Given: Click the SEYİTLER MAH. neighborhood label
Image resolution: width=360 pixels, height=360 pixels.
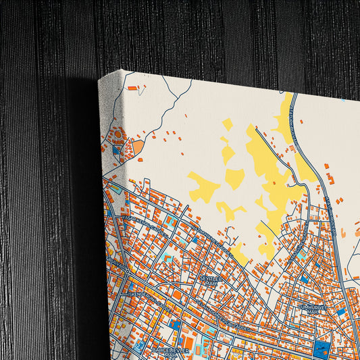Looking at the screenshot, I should pyautogui.click(x=210, y=278).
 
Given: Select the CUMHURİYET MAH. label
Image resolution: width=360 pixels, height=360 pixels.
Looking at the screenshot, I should pyautogui.click(x=312, y=307).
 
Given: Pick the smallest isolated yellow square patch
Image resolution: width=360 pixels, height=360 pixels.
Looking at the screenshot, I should pyautogui.click(x=228, y=124).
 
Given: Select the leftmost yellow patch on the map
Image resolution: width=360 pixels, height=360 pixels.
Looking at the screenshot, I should pyautogui.click(x=203, y=185).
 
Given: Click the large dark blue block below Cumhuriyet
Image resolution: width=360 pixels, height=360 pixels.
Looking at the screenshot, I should pyautogui.click(x=322, y=350).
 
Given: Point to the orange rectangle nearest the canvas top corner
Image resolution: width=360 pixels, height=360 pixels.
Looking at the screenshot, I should pyautogui.click(x=132, y=88).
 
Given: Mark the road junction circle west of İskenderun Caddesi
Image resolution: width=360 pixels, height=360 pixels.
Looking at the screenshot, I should pyautogui.click(x=128, y=270).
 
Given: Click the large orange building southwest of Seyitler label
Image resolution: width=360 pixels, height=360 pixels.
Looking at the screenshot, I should pyautogui.click(x=177, y=294).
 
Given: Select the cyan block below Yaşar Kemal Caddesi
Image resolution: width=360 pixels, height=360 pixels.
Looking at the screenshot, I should pyautogui.click(x=172, y=221).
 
